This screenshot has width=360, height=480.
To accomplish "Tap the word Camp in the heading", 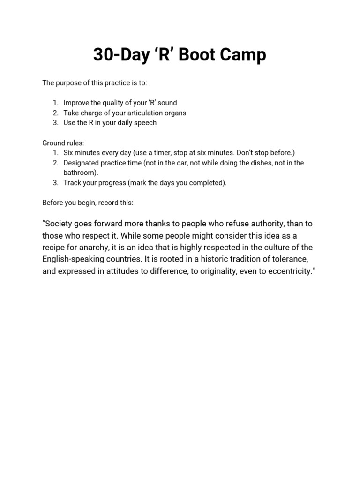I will pos(242,55).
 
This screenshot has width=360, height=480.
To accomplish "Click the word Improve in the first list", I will pos(76,103).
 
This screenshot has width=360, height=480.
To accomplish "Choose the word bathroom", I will pos(80,172).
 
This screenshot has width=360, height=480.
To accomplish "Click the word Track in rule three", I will pos(73,183).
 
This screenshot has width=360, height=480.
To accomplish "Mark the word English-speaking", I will pos(75,259).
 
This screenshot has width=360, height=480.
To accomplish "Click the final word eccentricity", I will pos(287,271).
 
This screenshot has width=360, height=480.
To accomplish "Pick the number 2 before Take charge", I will pos(55,112).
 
